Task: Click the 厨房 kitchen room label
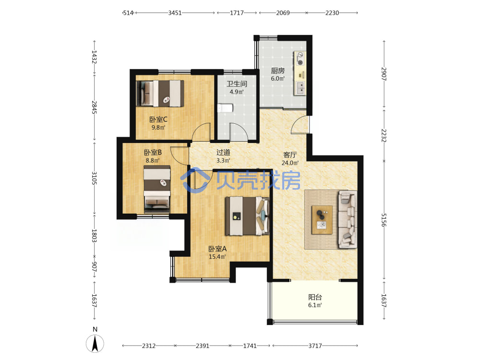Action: pos(277,71)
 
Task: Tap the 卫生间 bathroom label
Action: pos(237,84)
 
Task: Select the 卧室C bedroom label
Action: pos(158,120)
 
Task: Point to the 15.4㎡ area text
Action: pos(217,257)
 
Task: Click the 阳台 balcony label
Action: pos(315,297)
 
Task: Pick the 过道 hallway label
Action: pos(223,153)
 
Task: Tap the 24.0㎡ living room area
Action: pos(290,163)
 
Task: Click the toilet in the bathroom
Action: pos(225,108)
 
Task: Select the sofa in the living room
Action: pos(348,219)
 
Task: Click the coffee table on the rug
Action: pos(322,220)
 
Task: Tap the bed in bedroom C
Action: pos(160,94)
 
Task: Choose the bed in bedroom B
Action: pos(157,189)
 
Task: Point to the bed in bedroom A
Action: pos(247,216)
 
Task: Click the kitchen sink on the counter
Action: pos(300,88)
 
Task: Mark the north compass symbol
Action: pos(95,343)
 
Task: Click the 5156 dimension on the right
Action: pos(384,220)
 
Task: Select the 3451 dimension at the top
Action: pos(175,13)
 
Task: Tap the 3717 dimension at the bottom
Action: pos(315,346)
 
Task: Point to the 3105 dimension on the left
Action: pos(94,178)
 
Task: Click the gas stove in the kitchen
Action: pos(300,59)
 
